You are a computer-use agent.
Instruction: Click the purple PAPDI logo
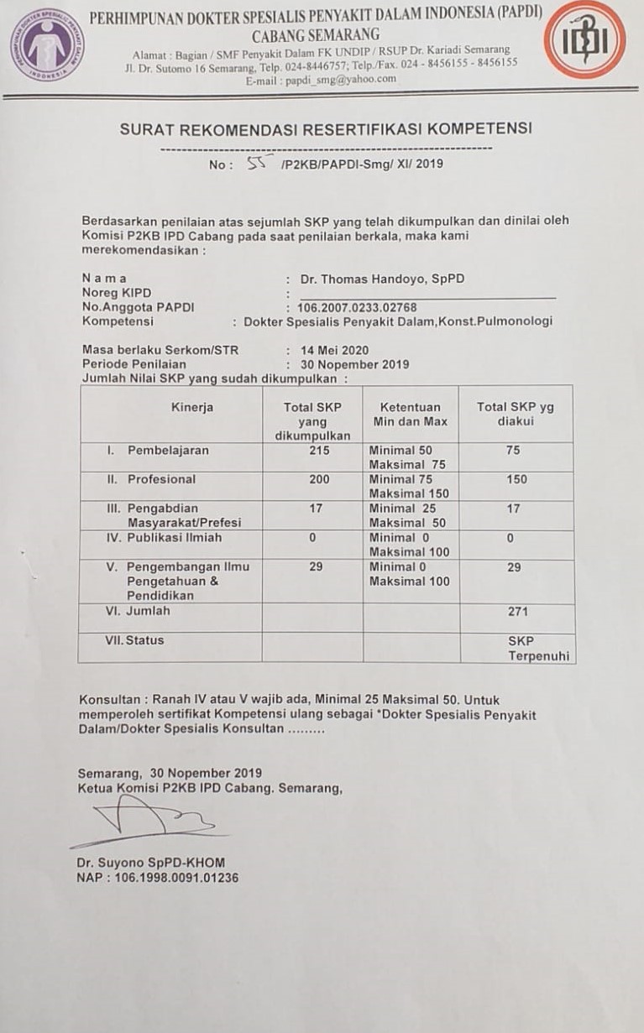pos(47,44)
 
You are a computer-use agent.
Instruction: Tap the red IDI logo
pos(584,39)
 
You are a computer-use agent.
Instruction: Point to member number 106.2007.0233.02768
pos(357,307)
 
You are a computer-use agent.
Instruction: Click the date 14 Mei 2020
pos(334,350)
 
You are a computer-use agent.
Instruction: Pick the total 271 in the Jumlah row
pos(517,612)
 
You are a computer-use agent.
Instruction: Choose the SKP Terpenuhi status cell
pos(526,648)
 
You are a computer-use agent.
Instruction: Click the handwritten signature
pos(151,818)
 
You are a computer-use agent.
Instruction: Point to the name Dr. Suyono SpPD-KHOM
pos(151,863)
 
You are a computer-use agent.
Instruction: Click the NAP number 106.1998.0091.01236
pos(158,878)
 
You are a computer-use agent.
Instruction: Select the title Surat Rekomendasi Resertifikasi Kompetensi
pos(326,129)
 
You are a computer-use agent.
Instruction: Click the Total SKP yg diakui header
pos(515,414)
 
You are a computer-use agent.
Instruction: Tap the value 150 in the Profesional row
pos(516,479)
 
